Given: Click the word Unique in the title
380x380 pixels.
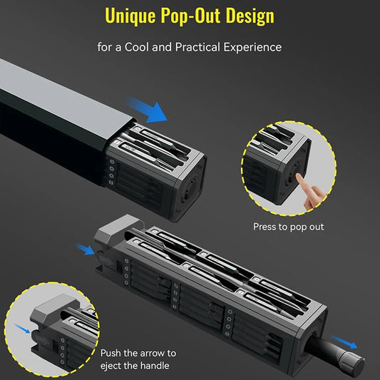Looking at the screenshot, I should coord(129,16).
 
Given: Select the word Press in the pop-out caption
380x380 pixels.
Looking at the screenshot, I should coord(267,227).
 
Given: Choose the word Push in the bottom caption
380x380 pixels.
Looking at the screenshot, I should coord(112,353).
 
